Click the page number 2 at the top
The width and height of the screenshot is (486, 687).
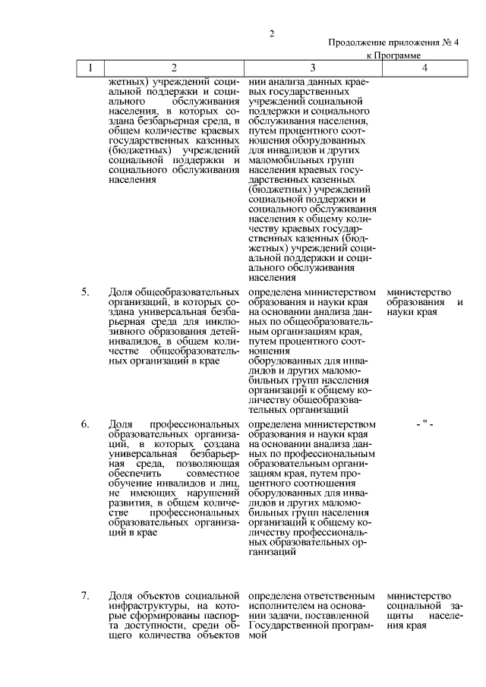coord(270,33)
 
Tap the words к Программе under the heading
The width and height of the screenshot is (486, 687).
coord(394,55)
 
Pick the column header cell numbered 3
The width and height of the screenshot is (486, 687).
coord(312,68)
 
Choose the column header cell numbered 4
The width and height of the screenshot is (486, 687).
coord(424,68)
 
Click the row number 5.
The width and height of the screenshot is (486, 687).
coord(86,292)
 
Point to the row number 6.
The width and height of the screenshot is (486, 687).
coord(86,423)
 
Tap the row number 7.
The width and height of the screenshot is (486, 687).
coord(86,594)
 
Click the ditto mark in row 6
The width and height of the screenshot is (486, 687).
coord(424,423)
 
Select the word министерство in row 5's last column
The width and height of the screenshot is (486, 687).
coord(418,292)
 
